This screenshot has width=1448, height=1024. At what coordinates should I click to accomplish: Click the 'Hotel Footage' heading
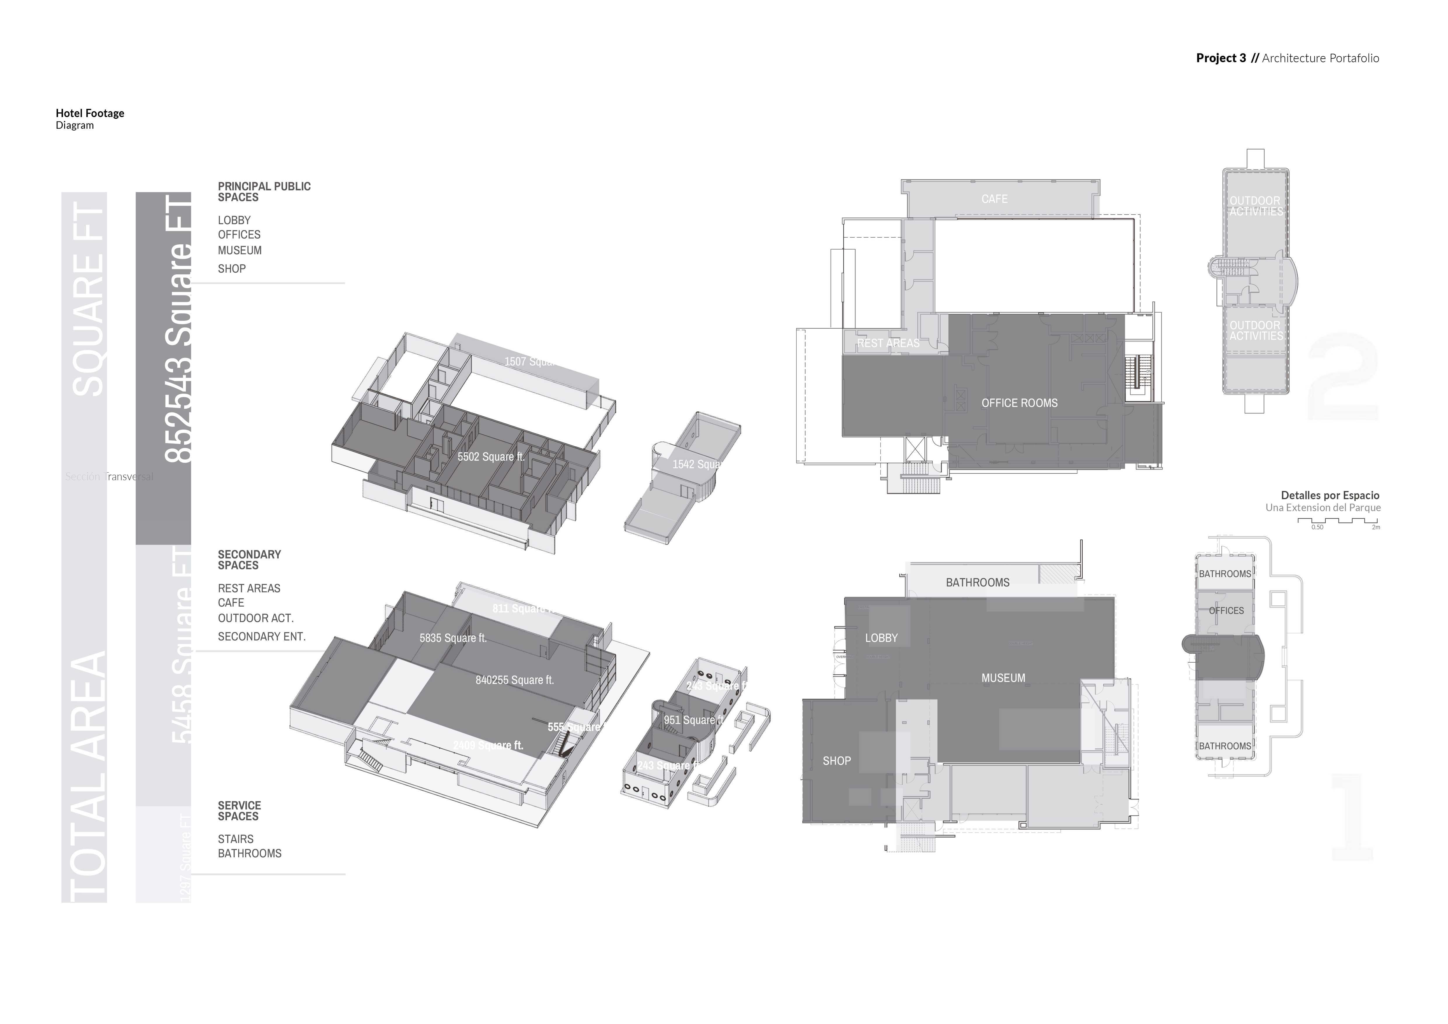point(90,114)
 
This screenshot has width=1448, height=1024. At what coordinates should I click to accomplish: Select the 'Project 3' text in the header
point(1220,58)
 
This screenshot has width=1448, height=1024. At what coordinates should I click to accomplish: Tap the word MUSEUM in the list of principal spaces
point(240,250)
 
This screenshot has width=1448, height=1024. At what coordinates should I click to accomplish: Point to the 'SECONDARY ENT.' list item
point(262,637)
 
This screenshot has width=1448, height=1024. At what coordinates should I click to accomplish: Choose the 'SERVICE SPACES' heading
point(239,811)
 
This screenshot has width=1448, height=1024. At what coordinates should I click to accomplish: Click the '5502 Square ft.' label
point(491,457)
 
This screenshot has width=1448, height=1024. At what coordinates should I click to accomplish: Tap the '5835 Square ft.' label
point(453,638)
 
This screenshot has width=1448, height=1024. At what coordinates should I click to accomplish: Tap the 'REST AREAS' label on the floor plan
point(888,343)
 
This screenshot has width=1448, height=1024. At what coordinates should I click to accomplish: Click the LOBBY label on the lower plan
point(881,638)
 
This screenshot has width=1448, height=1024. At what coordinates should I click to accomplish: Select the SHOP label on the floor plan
point(836,761)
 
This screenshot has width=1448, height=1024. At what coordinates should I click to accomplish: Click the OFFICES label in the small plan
point(1226,611)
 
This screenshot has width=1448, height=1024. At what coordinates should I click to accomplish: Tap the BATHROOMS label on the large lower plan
point(977,582)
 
